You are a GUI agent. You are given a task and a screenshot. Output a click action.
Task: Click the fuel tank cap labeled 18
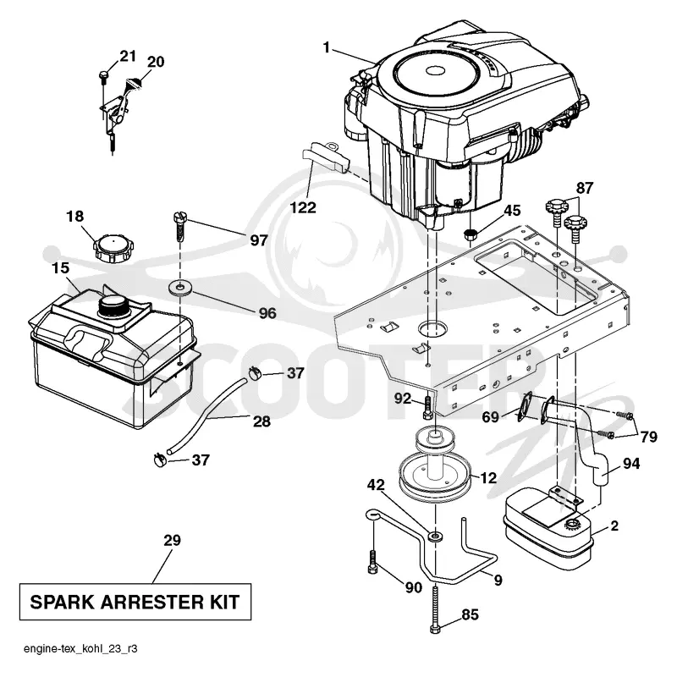point(113,247)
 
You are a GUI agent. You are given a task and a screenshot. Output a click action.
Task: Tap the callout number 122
point(303,207)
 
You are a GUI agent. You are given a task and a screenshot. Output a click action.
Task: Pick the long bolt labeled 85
point(435,608)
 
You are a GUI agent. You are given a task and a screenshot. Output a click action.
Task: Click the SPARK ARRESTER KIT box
point(135,602)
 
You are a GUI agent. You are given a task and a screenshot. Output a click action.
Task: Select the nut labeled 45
point(470,235)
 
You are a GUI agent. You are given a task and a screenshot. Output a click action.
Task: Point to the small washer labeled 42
point(435,537)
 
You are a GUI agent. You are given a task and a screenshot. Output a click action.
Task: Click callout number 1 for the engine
point(327,47)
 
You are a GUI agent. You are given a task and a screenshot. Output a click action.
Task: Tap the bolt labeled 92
point(427,407)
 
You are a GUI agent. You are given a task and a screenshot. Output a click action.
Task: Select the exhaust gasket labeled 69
point(523,405)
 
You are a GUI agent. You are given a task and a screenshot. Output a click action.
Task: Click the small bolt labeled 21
point(103,78)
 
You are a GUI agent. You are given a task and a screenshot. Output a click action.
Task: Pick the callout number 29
point(172,540)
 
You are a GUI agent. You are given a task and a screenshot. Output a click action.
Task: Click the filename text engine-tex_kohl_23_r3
point(80,648)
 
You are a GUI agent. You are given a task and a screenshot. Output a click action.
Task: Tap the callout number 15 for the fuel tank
point(60,267)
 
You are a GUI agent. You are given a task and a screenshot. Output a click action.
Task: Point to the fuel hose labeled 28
point(208,415)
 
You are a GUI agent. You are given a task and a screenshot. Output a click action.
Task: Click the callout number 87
point(584,188)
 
